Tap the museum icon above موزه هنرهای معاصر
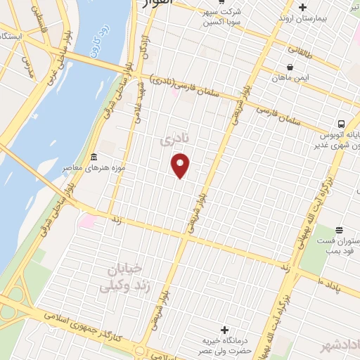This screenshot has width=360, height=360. (94, 156)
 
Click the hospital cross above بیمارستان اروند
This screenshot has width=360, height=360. (302, 7)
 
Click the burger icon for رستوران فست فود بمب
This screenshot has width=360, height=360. (339, 229)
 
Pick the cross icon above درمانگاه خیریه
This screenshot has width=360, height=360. (224, 330)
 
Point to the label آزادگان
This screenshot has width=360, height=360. (147, 46)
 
